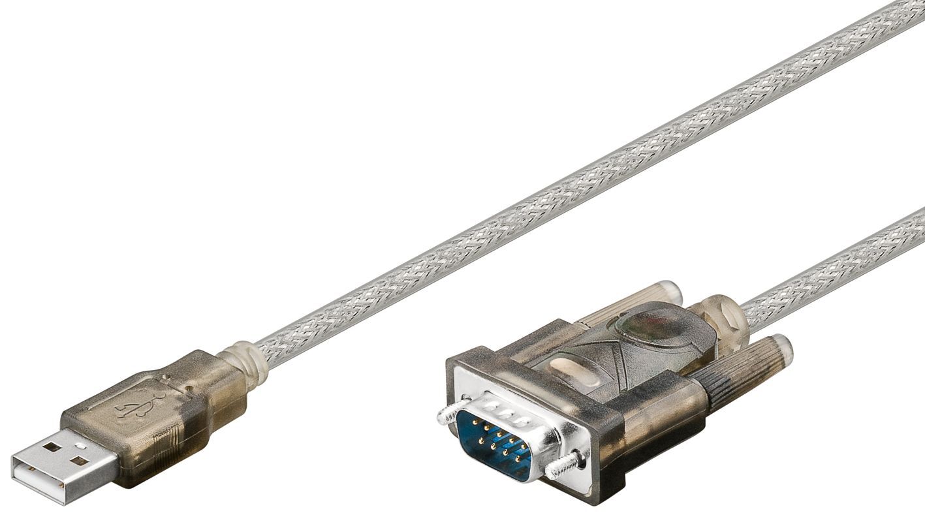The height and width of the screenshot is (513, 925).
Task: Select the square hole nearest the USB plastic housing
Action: click(80, 461)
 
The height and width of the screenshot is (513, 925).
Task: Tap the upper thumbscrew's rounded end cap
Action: click(669, 292)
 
